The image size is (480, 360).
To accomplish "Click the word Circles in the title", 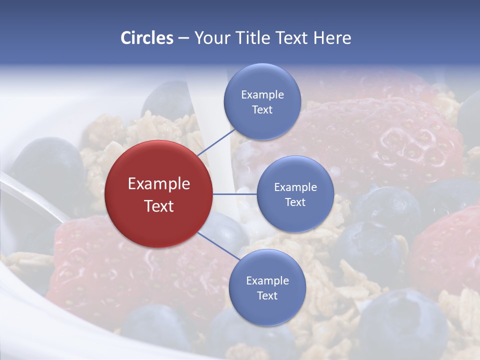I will [146, 37].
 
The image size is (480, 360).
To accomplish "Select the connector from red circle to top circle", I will [216, 141].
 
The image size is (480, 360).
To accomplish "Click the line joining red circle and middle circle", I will [235, 194].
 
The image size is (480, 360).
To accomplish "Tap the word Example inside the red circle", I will [159, 183].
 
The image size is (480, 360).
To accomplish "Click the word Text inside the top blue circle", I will [262, 109].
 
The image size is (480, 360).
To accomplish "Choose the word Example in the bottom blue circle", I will [267, 280].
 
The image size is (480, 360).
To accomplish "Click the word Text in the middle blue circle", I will [295, 202].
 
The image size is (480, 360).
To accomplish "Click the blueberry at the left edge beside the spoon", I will [47, 165].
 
